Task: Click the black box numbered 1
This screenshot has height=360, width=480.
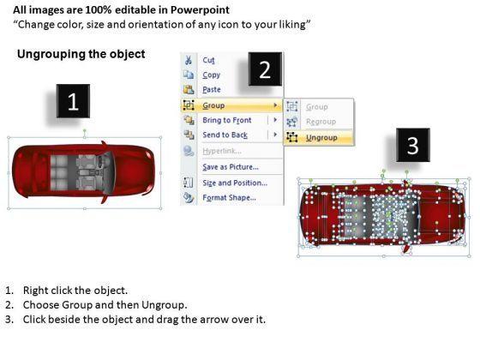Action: click(x=73, y=101)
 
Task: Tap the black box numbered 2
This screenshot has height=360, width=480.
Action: click(x=265, y=69)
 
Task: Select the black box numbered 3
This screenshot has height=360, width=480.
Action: click(x=413, y=145)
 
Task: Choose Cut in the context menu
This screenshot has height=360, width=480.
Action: click(x=208, y=60)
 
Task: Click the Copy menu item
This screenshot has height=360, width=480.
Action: click(x=211, y=75)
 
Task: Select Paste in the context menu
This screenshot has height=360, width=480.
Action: click(x=212, y=90)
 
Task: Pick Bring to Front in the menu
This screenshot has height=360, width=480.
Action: click(x=227, y=120)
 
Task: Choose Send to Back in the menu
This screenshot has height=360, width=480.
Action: click(x=225, y=135)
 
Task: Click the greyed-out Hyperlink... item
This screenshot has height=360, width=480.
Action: click(x=222, y=151)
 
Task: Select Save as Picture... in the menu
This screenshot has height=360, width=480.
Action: click(x=231, y=167)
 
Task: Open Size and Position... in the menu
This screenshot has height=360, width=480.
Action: click(x=235, y=183)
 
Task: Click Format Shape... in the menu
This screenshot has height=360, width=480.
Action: click(x=230, y=198)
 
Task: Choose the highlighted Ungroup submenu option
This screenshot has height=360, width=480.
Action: click(x=321, y=138)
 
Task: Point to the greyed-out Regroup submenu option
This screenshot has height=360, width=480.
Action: click(x=321, y=122)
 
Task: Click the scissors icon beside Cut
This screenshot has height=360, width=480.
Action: click(x=189, y=60)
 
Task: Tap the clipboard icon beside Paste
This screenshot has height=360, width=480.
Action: click(x=189, y=89)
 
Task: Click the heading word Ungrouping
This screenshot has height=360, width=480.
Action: click(x=51, y=54)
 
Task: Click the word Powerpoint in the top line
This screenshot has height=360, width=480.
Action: click(x=200, y=10)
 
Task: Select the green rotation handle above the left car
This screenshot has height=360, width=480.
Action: click(x=85, y=130)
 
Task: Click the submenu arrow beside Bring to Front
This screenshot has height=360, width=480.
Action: click(x=275, y=120)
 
